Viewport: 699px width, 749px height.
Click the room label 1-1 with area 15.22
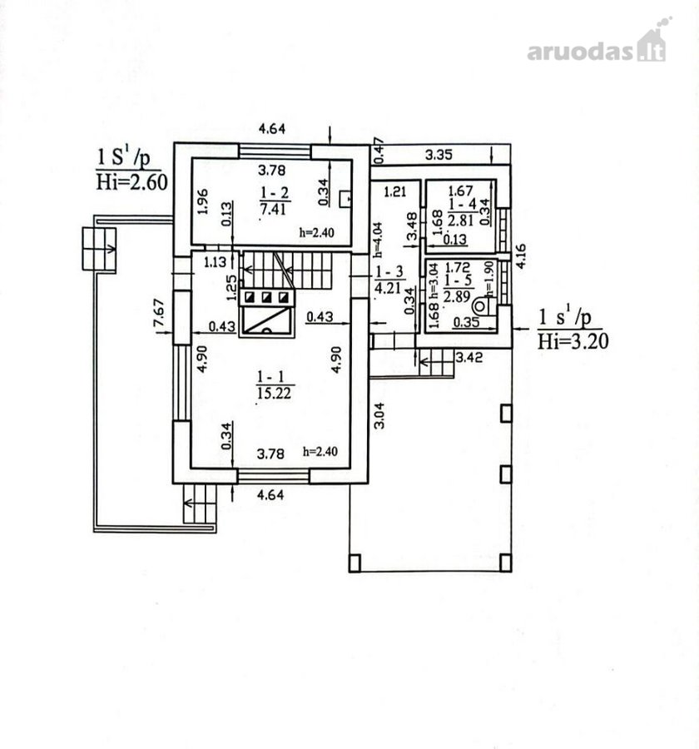275,384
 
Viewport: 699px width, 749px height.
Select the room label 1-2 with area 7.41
275,201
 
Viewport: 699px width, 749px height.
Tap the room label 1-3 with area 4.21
389,280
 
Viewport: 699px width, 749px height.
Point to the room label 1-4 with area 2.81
462,212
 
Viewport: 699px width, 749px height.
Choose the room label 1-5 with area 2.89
458,289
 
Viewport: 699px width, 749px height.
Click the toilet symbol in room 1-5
483,305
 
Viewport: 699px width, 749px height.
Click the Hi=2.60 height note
131,182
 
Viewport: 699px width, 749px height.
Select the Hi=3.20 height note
573,341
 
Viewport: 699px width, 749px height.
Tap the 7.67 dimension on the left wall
159,313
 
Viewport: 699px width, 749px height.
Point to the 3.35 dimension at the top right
439,155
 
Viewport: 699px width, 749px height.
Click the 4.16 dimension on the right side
521,256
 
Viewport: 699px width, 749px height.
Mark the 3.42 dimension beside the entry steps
469,357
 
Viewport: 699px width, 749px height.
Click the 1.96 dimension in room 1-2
202,201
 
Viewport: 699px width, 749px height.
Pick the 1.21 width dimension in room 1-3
395,192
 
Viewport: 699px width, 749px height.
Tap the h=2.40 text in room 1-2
317,233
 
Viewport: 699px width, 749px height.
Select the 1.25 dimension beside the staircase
232,288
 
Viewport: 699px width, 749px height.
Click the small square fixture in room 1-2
345,199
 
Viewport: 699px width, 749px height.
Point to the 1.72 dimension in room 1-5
457,267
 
